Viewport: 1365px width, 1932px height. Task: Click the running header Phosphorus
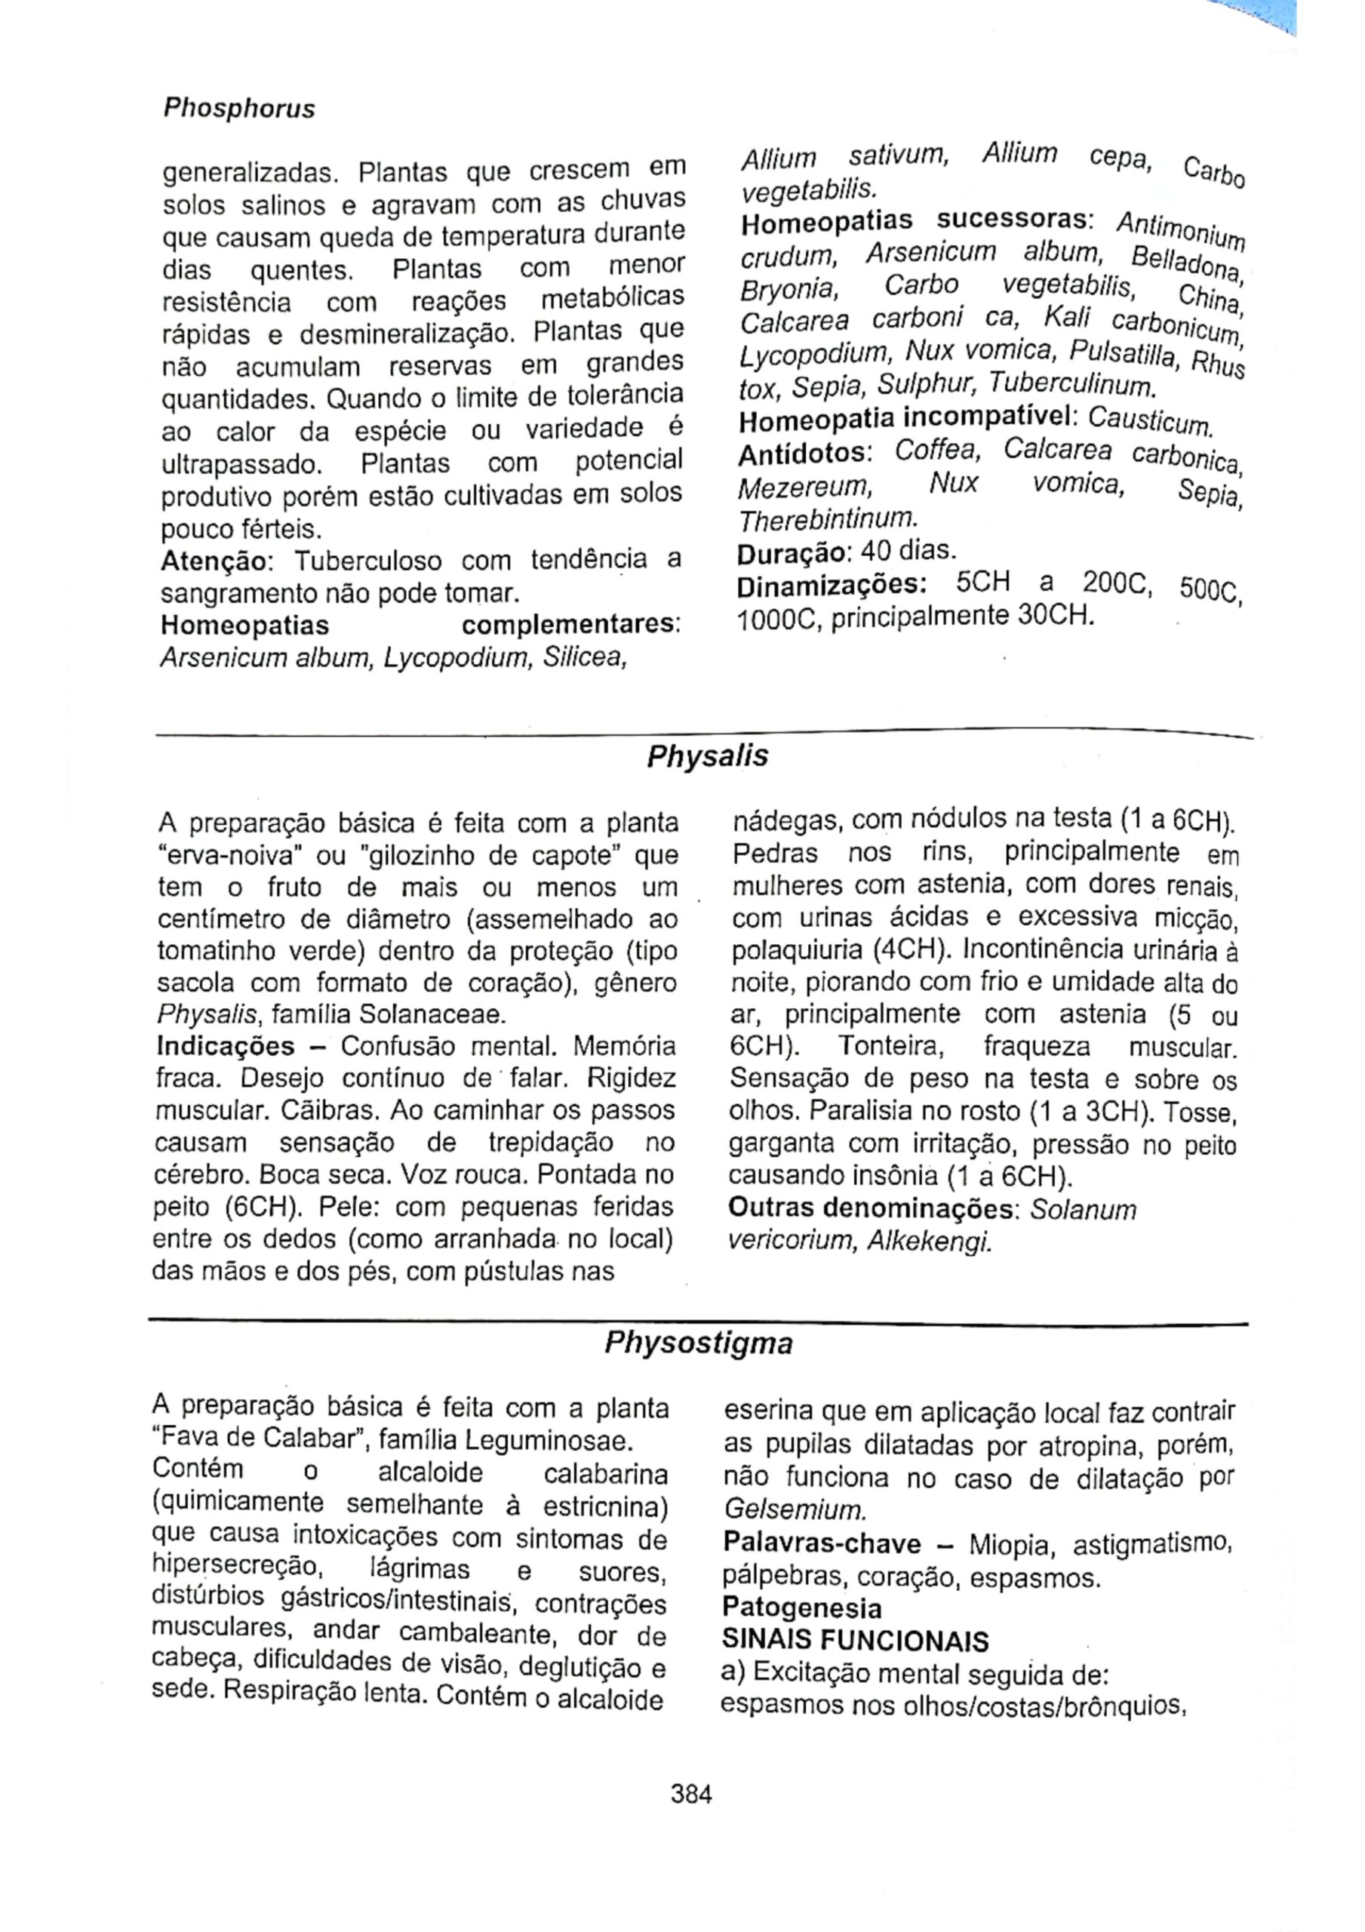tap(238, 109)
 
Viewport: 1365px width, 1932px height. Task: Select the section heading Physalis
tap(707, 757)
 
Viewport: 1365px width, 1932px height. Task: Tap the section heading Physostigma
tap(699, 1344)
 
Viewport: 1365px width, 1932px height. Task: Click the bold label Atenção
tap(212, 561)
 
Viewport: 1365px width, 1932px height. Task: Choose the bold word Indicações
tap(226, 1047)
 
